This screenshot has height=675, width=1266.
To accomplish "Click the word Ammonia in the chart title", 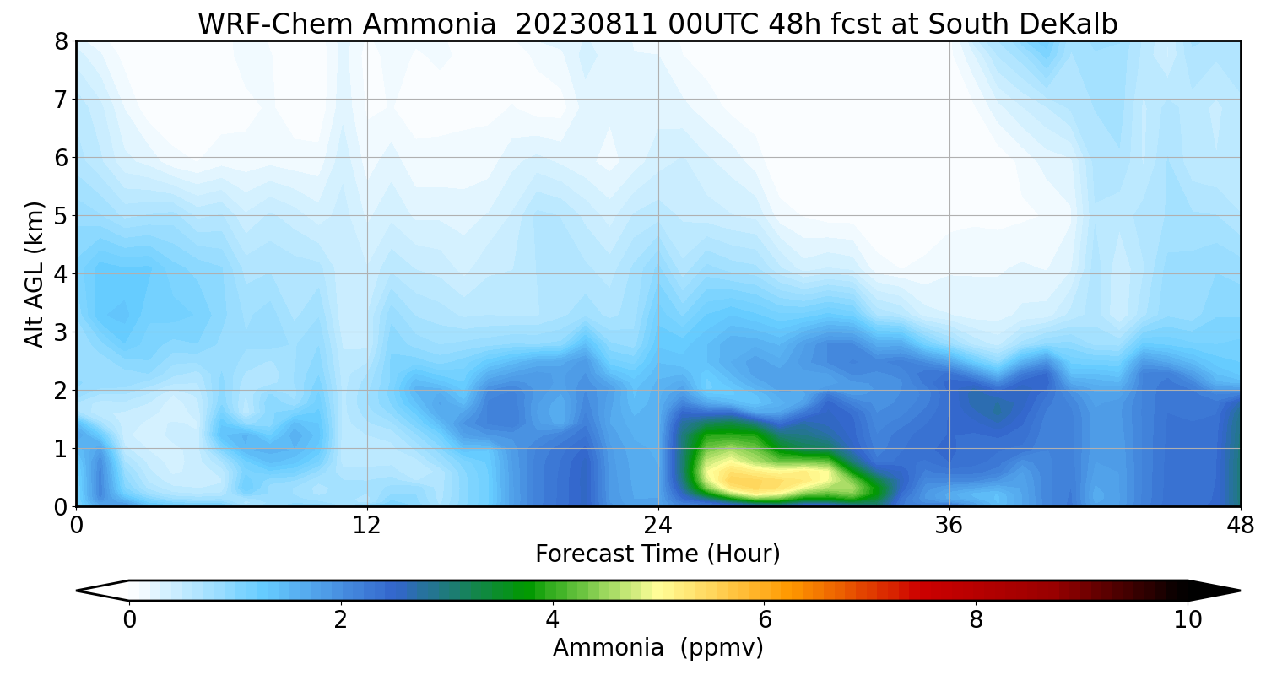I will pos(430,24).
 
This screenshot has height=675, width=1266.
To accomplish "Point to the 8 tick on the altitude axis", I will pos(60,41).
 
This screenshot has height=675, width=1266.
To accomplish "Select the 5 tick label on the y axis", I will pos(60,216).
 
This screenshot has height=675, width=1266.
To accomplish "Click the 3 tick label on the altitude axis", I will pos(60,332).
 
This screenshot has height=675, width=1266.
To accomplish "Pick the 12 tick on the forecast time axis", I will pos(367,525).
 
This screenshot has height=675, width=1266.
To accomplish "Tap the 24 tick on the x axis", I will pos(658,525).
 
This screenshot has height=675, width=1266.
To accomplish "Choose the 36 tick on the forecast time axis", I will pos(949,525).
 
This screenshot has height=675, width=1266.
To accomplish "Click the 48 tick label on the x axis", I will pos(1239,525).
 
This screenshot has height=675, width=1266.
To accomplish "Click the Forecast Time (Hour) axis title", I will pos(657,554).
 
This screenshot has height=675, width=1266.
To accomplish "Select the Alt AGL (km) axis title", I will pos(35,274).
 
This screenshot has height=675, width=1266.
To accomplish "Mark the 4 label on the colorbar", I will pos(552,621).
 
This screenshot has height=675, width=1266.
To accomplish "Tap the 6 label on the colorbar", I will pos(764,621).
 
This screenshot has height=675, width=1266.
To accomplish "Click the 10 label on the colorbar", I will pos(1188,621).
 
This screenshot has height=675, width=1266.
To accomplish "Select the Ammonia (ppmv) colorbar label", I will pos(657,648).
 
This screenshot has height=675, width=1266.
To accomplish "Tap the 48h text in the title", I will pos(793,24).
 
